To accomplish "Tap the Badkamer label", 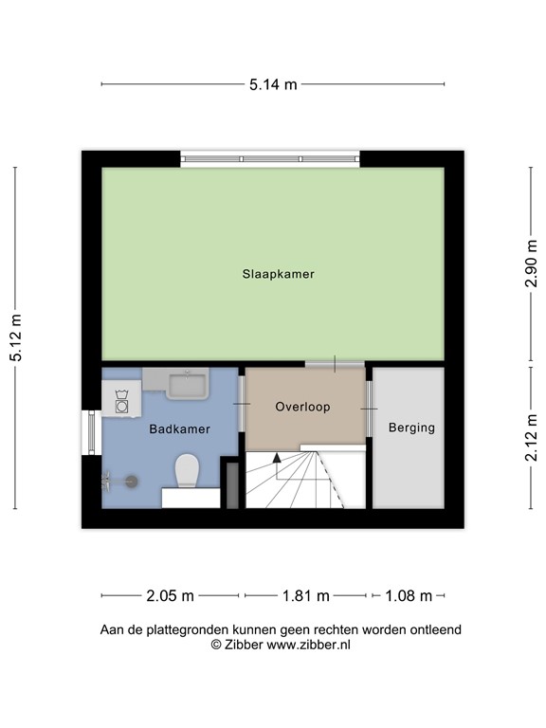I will (x=179, y=429).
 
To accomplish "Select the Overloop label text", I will (x=302, y=407).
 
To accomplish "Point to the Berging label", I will (x=411, y=428).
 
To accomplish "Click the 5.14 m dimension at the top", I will (x=273, y=84).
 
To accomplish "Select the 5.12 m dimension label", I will (x=16, y=338).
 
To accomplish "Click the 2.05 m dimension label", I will (x=171, y=596).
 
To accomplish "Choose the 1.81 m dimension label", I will (x=305, y=596).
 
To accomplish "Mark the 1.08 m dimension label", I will (x=409, y=596).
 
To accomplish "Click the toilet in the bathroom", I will (x=187, y=470).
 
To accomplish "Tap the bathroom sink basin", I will (x=189, y=385).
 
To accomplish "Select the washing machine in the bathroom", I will (x=121, y=402).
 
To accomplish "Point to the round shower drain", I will (x=131, y=482).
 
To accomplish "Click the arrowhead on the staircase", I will (x=277, y=458).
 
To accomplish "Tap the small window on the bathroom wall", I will (x=91, y=432).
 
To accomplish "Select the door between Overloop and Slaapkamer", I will (x=334, y=364).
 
